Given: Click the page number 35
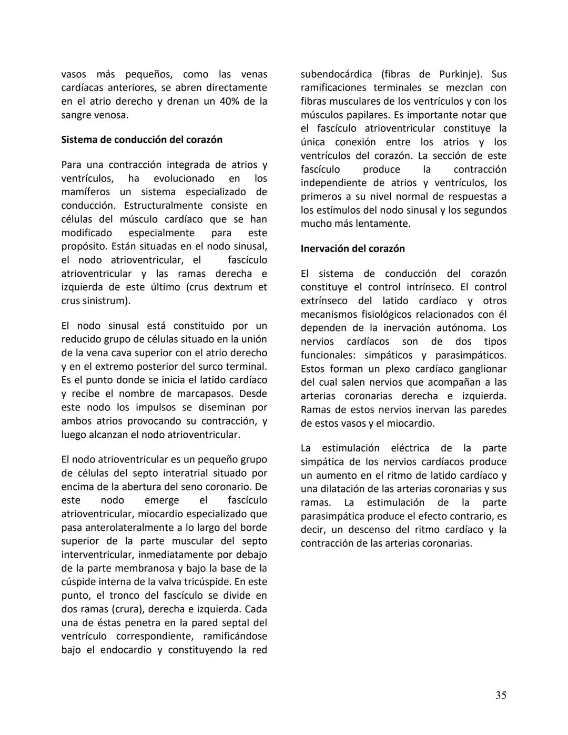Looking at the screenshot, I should [501, 696].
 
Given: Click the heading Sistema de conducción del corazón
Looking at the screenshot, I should [141, 140].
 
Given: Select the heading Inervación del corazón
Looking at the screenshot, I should [352, 249].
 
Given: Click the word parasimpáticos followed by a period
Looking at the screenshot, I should [471, 356].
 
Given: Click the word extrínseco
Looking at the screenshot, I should [324, 301].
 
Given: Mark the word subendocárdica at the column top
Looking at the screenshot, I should [337, 74].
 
